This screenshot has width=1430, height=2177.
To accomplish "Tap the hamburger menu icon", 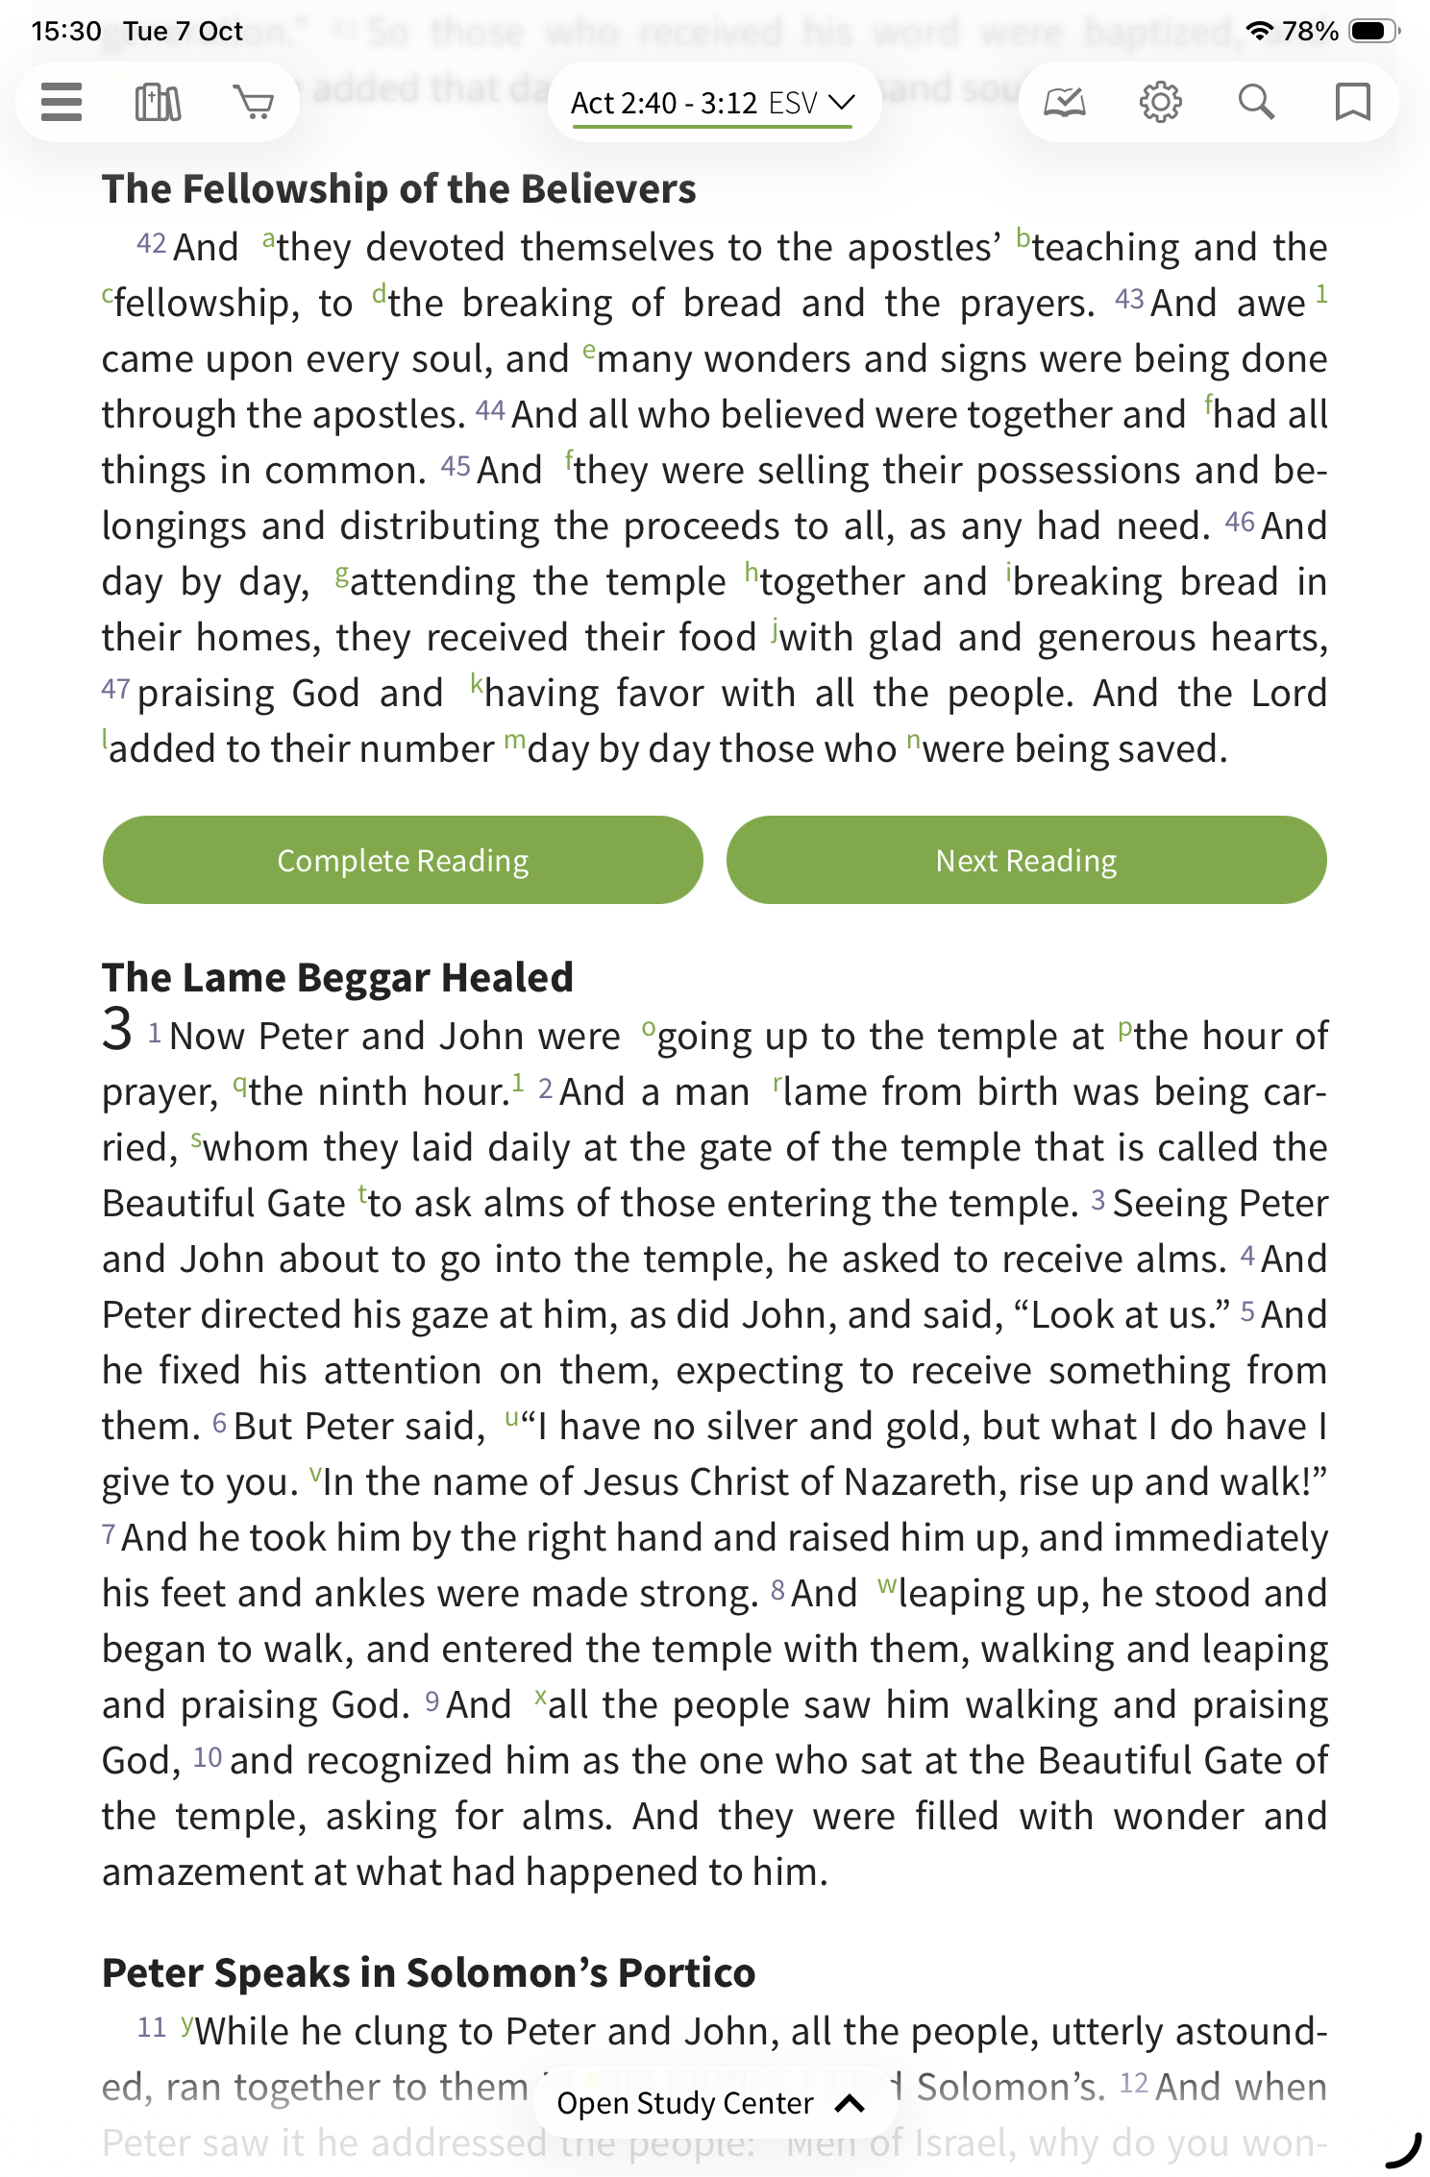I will tap(62, 102).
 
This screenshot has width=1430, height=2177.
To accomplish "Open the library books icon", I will tap(158, 102).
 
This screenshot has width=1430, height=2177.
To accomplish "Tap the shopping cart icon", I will tap(254, 102).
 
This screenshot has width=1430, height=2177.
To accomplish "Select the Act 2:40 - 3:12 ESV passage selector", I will tap(712, 103).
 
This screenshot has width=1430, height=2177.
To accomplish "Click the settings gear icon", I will tap(1160, 102).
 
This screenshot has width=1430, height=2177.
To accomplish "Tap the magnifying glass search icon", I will tap(1256, 102).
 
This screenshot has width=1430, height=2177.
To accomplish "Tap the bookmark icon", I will tap(1352, 102).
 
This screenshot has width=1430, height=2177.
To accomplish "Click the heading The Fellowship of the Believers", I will tap(399, 189).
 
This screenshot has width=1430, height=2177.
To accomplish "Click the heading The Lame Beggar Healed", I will tap(337, 977).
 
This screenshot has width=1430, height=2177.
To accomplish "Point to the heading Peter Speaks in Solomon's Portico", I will tap(429, 1972).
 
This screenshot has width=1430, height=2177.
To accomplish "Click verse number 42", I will tap(151, 244).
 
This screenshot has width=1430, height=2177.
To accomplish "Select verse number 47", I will tap(115, 689).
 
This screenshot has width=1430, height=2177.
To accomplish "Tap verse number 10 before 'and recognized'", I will tap(208, 1758).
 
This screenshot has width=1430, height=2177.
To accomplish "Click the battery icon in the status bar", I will tap(1371, 31).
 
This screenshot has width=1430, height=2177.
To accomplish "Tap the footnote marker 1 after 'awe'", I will tap(1321, 294).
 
